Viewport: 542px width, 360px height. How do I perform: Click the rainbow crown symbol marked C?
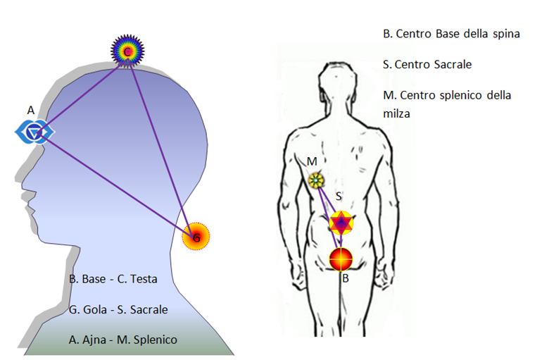coord(127,51)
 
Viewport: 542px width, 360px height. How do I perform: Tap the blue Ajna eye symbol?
coord(34,132)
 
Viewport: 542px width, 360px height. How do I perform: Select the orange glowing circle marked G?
coord(196,236)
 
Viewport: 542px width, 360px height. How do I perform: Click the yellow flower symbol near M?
coord(316,180)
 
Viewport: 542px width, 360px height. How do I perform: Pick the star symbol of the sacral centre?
coord(341,223)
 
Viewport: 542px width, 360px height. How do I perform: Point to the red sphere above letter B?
coord(341,259)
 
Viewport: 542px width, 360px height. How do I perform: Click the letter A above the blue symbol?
coord(31,111)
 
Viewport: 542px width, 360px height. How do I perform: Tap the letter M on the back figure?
coord(312,161)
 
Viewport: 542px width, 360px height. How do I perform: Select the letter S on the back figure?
coord(339,197)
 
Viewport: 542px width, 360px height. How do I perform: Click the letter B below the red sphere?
coord(346,278)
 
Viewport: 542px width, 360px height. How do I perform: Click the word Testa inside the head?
coord(144,279)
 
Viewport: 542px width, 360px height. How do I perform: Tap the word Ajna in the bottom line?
coord(94,340)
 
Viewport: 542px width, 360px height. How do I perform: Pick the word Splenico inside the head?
coord(155,340)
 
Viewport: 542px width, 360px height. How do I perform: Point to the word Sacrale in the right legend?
coord(453,64)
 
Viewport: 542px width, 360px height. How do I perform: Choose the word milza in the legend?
coord(396,113)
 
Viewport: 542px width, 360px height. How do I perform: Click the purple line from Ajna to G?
coord(116,185)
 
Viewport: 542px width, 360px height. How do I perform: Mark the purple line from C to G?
coord(162,144)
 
